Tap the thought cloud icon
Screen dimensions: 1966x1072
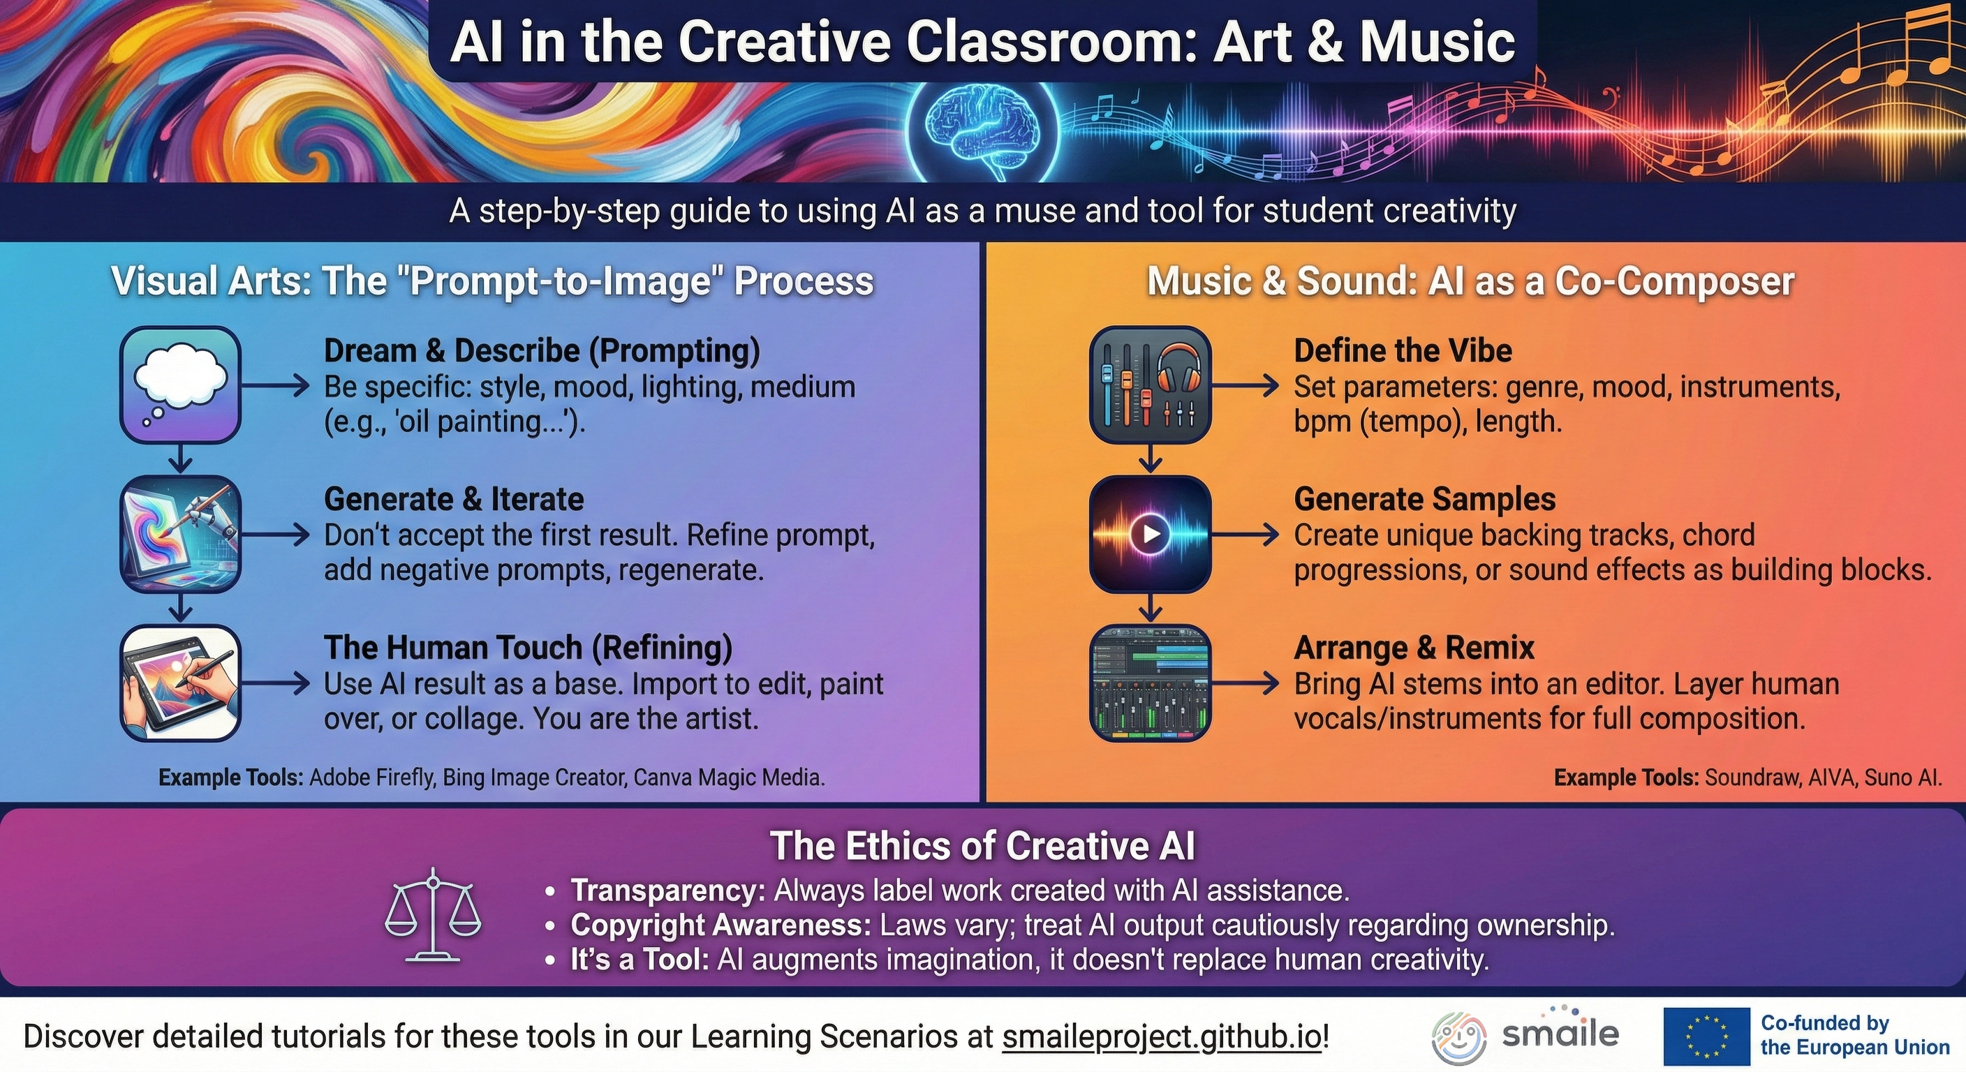click(x=181, y=384)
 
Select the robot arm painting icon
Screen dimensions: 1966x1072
click(x=181, y=533)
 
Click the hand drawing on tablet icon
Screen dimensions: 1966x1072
click(x=181, y=682)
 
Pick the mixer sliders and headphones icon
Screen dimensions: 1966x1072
click(x=1150, y=384)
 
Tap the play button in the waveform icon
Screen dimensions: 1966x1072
click(x=1151, y=533)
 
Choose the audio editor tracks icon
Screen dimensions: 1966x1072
click(x=1150, y=682)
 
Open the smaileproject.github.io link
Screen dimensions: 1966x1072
click(x=1161, y=1036)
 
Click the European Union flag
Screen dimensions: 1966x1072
click(x=1706, y=1036)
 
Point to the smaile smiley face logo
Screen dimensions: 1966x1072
click(x=1458, y=1038)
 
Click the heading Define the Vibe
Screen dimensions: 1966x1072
click(x=1403, y=350)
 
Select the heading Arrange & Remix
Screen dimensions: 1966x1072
click(x=1414, y=647)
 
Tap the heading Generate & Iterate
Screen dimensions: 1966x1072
click(x=454, y=499)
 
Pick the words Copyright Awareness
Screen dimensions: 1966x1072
click(x=720, y=925)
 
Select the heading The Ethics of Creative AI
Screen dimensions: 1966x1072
click(x=982, y=845)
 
